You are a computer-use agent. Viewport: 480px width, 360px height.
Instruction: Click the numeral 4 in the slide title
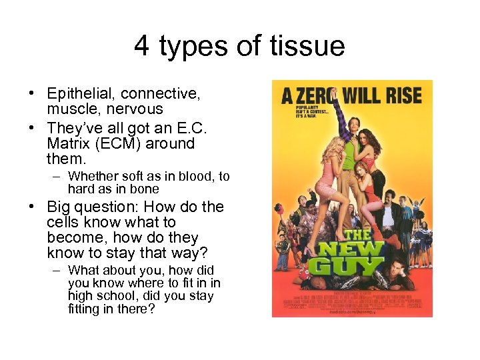click(x=141, y=46)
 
